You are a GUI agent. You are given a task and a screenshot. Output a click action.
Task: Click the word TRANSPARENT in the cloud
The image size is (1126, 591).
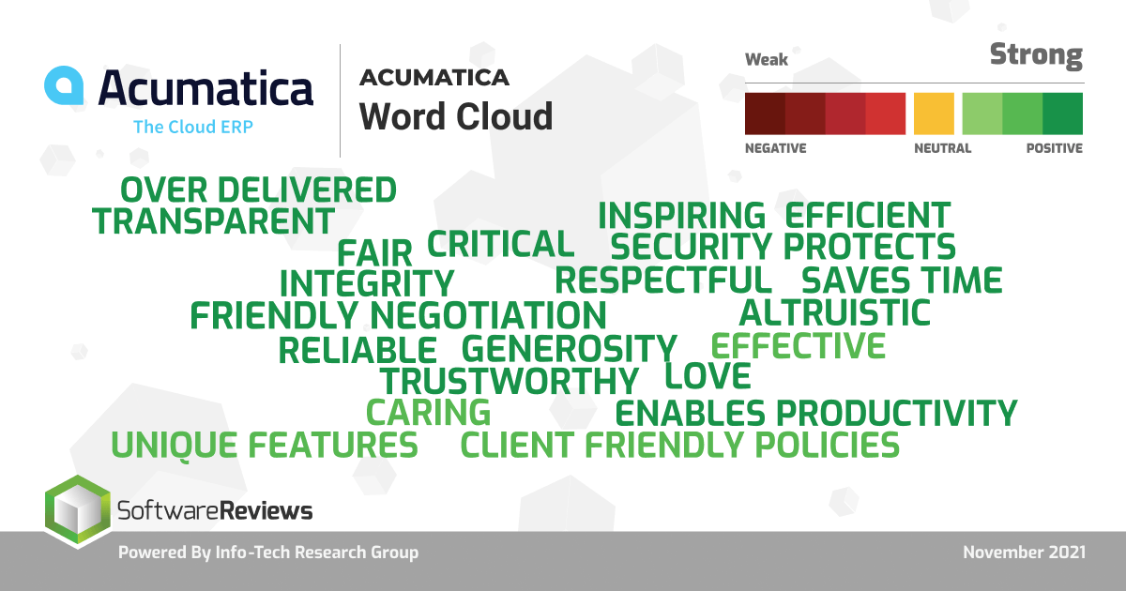click(x=213, y=221)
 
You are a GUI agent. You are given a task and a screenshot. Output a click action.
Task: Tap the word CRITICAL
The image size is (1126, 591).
click(x=501, y=244)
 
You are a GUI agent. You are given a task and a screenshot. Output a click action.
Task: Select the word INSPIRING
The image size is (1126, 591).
click(x=681, y=216)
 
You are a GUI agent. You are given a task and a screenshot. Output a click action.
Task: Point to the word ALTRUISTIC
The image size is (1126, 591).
click(x=835, y=312)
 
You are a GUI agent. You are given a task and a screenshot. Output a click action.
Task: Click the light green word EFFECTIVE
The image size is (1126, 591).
click(x=799, y=345)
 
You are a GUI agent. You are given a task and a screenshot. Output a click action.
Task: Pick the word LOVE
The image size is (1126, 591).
click(x=708, y=376)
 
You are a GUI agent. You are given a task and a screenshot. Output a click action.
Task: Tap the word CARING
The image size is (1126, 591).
click(x=428, y=412)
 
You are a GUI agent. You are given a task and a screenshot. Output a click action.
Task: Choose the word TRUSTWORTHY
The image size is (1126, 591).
click(x=510, y=381)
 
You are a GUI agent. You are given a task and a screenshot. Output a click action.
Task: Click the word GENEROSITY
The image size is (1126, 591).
click(x=570, y=349)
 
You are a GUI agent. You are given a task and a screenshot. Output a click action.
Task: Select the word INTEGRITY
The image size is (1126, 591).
click(x=367, y=283)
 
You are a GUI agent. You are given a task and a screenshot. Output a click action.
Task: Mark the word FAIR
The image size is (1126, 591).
click(x=374, y=252)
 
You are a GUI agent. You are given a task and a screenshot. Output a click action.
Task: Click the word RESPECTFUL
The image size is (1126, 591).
click(x=663, y=280)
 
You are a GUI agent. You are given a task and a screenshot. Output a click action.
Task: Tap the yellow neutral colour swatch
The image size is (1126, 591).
click(x=934, y=114)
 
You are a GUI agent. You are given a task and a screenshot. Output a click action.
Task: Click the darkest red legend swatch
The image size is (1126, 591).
click(x=765, y=114)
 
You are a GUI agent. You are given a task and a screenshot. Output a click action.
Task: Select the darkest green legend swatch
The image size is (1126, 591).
click(x=1062, y=114)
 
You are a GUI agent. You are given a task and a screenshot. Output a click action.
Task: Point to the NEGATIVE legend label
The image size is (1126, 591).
click(x=776, y=148)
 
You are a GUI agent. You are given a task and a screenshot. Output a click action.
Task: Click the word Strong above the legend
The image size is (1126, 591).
click(x=1037, y=55)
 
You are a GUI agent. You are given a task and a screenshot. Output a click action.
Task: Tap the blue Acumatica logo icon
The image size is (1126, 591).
click(x=64, y=85)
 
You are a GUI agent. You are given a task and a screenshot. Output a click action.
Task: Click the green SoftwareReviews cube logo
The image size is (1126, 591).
click(x=77, y=511)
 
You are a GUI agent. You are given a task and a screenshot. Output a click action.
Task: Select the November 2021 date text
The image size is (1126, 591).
click(x=1024, y=553)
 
